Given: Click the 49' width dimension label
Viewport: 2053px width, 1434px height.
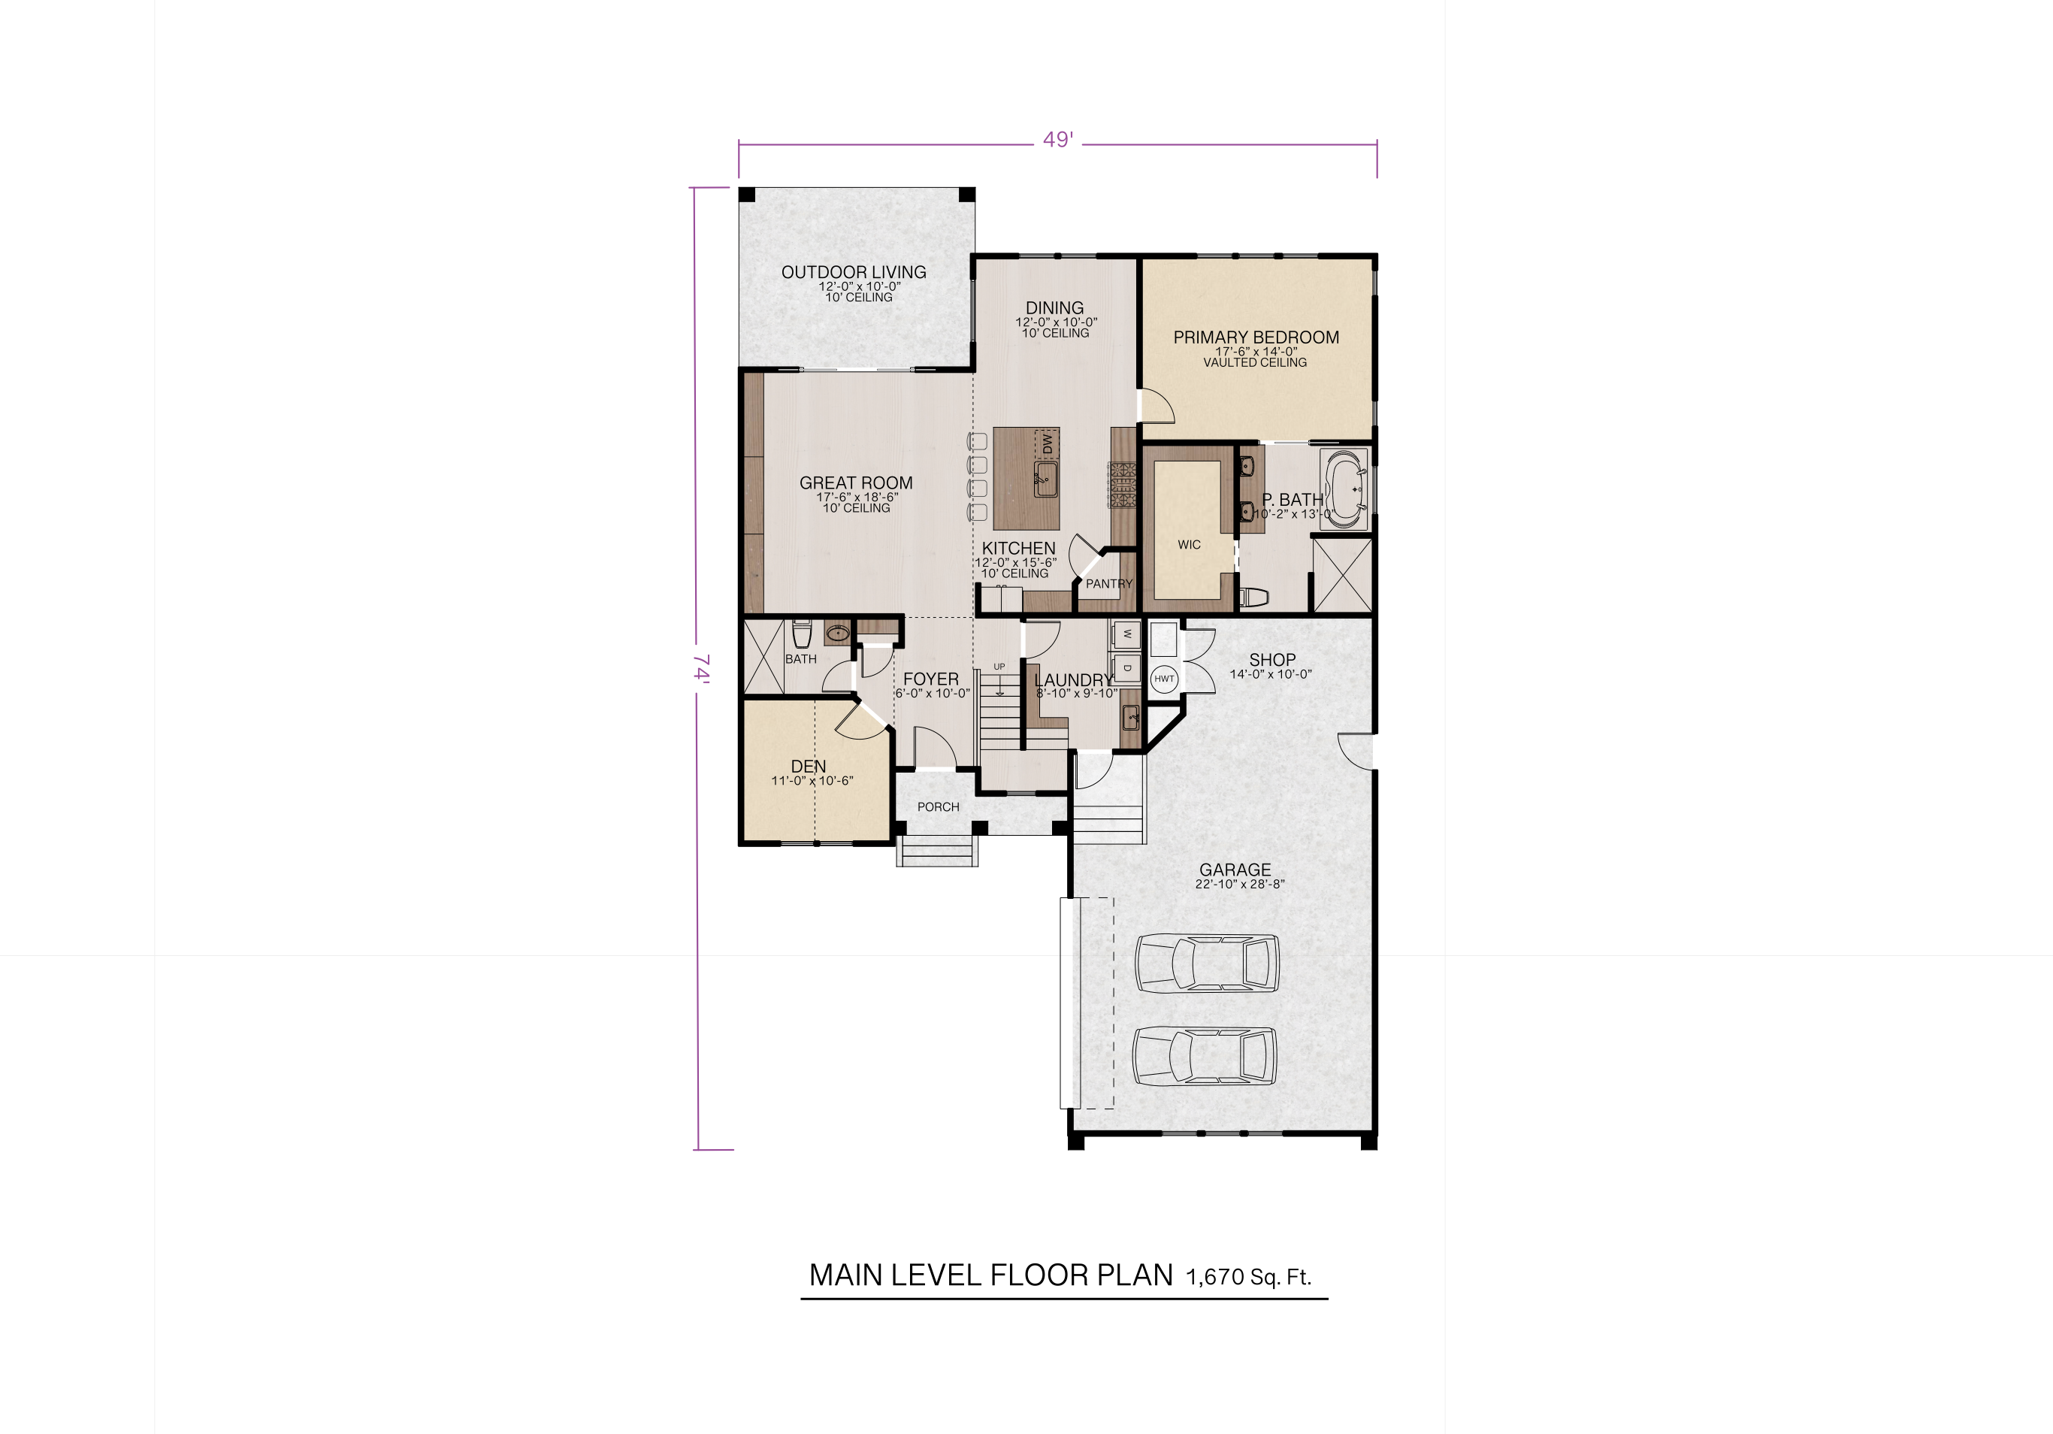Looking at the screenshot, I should tap(1058, 141).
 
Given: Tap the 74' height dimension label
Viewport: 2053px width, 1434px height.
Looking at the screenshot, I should tap(702, 668).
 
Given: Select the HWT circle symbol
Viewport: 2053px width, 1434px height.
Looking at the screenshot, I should tap(1163, 679).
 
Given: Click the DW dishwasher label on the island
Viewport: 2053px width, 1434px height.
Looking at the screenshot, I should tap(1047, 443).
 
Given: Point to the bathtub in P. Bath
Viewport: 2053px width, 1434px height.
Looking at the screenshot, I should tap(1344, 490).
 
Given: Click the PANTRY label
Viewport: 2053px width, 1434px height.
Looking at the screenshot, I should tap(1108, 584).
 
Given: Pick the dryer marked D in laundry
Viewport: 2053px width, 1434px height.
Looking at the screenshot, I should tap(1126, 668).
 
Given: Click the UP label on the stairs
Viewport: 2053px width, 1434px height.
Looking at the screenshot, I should tap(999, 667).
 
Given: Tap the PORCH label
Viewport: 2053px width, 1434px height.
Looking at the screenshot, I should tap(938, 806).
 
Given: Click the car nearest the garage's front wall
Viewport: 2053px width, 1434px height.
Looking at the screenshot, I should tap(1205, 1056).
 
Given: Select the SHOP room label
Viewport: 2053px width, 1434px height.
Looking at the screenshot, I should tap(1271, 660).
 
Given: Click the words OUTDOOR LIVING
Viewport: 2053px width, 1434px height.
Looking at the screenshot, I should tap(853, 272).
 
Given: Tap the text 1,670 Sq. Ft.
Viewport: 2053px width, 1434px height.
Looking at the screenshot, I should tap(1248, 1277).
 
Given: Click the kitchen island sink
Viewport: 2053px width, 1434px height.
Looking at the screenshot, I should tap(1045, 480).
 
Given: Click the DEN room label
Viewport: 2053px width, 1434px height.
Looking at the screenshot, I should tap(809, 766).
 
